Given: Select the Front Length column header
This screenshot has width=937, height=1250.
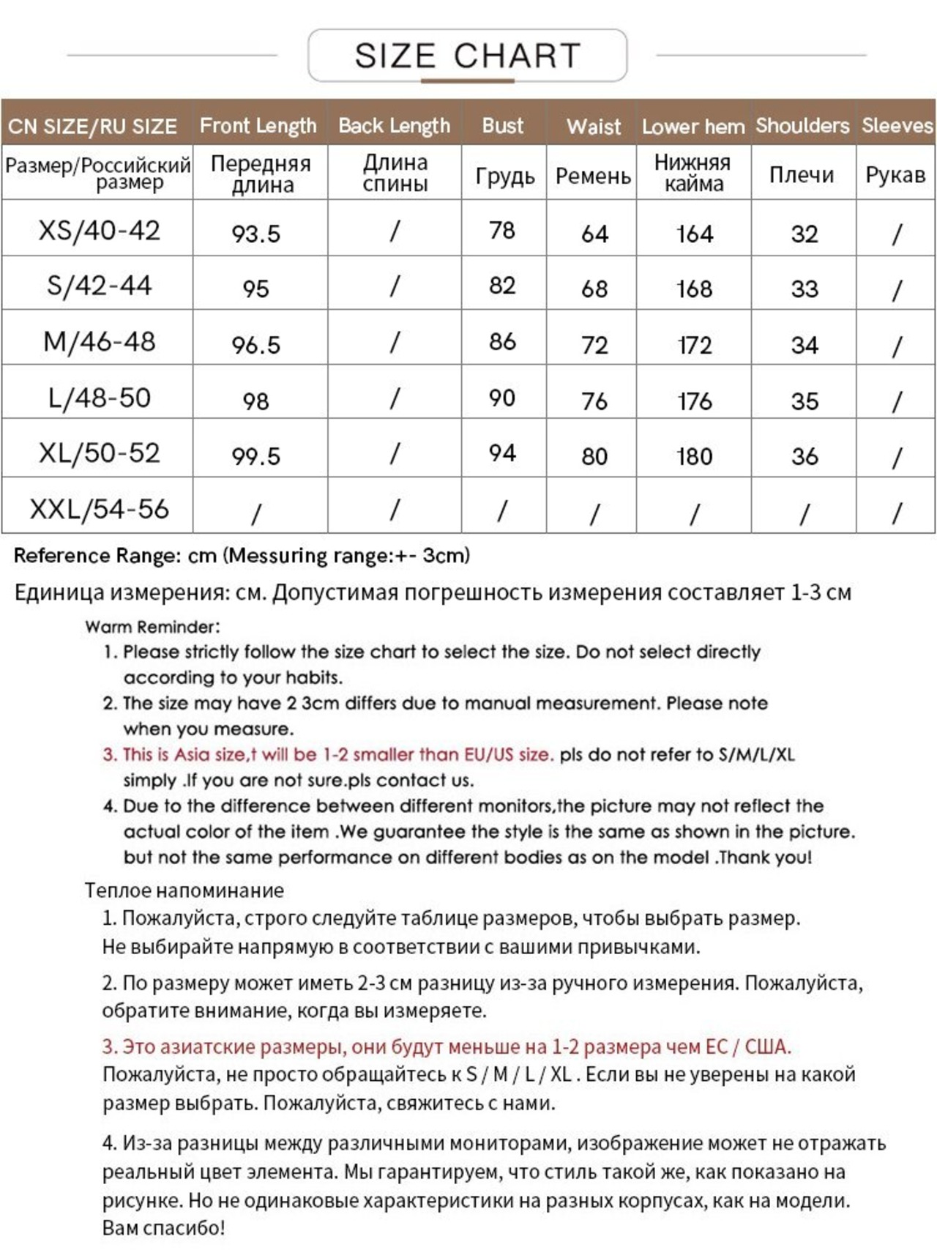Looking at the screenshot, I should coord(258,126).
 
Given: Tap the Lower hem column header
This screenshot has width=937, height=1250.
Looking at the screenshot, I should coord(693,127).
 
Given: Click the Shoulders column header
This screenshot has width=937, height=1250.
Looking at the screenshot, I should coord(802,126).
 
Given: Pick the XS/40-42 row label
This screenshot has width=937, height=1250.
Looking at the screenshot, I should coord(99,231).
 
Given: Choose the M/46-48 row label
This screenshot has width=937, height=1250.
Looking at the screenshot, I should coord(100,342).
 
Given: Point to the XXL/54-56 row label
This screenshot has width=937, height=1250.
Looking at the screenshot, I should coord(100,509).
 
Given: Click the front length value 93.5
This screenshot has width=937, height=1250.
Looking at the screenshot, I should coord(256,234).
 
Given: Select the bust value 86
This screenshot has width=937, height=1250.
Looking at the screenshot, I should coord(502,341).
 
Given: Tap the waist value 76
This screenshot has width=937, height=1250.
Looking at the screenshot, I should coord(594,401).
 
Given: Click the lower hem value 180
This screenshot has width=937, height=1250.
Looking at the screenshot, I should coord(694,457).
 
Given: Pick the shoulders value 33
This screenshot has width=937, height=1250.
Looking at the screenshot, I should coord(804,289).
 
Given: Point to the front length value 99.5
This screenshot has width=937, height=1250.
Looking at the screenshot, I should coord(256,457).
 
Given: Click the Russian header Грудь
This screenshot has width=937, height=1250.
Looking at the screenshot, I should coord(504,176).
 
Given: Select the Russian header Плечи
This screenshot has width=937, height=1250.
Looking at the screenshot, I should coord(802,175).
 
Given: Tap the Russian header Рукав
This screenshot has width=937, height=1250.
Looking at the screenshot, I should coord(895,175).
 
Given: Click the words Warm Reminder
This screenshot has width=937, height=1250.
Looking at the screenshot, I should coord(152,627).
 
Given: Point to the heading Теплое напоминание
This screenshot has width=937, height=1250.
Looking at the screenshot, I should coord(184,890).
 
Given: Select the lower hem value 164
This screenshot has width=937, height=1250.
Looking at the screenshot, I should coord(694,234).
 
